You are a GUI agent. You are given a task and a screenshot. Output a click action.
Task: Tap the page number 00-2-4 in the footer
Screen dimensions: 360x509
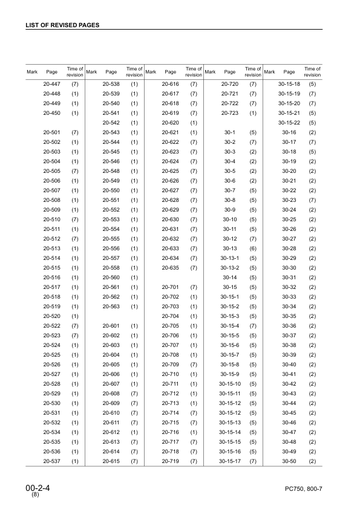[38, 487]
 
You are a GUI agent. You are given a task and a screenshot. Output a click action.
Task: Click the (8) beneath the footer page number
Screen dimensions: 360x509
[35, 495]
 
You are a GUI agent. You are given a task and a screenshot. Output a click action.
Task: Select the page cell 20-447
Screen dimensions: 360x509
[52, 84]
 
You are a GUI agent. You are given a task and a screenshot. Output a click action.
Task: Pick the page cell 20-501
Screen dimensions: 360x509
[52, 132]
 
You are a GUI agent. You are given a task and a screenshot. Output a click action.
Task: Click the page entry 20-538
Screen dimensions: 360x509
[111, 84]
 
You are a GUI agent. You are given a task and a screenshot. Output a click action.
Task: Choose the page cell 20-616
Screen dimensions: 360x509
[170, 84]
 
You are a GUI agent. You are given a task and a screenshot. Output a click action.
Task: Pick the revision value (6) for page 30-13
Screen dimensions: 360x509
[254, 248]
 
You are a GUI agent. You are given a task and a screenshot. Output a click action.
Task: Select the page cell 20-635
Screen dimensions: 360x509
[170, 268]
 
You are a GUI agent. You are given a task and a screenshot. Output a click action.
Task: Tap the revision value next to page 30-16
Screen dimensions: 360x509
[313, 132]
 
